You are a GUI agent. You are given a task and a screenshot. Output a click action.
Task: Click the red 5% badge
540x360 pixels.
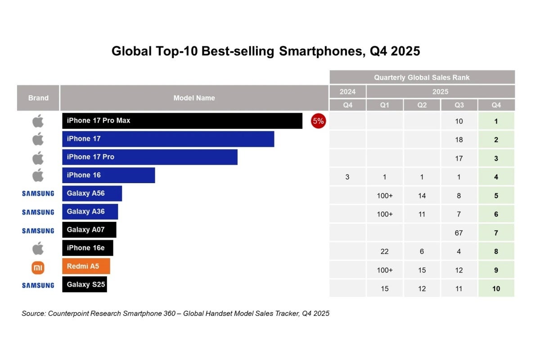(x=318, y=121)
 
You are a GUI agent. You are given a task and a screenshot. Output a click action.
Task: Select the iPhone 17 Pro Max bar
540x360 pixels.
(x=182, y=121)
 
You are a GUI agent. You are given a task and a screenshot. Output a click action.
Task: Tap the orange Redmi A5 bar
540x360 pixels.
(x=86, y=266)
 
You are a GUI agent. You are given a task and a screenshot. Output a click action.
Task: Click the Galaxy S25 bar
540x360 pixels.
(x=85, y=284)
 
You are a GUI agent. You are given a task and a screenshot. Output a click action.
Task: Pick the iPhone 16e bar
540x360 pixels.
(x=88, y=248)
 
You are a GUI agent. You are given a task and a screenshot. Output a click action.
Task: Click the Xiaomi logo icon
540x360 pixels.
(x=38, y=268)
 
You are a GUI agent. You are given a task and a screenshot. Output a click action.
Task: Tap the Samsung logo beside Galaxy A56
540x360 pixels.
(x=38, y=193)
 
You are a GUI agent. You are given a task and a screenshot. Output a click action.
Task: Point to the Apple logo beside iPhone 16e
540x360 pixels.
(x=38, y=247)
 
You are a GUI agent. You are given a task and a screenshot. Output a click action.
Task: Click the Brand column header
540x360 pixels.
(x=38, y=98)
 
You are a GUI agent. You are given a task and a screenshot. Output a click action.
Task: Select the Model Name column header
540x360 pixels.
(x=194, y=98)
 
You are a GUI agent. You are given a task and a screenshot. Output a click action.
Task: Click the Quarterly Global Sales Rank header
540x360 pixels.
(x=422, y=77)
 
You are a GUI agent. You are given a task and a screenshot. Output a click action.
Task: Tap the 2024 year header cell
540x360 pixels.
(x=347, y=92)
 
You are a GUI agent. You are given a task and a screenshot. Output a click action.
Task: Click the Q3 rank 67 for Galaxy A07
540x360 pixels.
(x=459, y=233)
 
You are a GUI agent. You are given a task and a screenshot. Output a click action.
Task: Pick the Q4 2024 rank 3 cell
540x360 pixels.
(x=347, y=177)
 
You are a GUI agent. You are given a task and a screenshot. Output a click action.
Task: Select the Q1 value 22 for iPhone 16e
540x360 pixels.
(x=385, y=252)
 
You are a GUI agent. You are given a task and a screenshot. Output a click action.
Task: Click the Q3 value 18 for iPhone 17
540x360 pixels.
(x=459, y=140)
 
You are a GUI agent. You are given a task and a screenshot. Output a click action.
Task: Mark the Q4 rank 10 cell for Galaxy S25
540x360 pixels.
(x=496, y=289)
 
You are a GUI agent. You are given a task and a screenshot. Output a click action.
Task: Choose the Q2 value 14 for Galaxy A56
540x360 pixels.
(x=422, y=196)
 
